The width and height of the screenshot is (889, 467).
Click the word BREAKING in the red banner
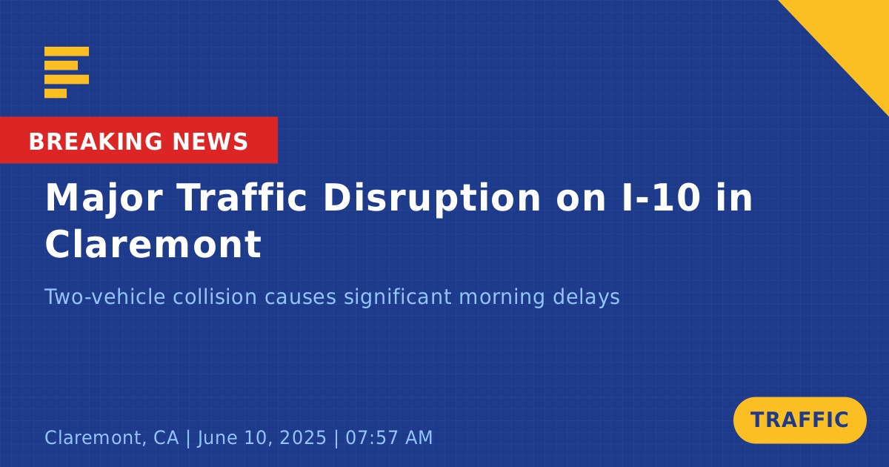coord(96,142)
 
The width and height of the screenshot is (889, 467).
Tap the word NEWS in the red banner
coord(210,142)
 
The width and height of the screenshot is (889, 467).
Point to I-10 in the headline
coord(661,198)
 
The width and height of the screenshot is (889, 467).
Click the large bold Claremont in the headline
coord(153,244)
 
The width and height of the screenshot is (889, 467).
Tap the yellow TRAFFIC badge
coord(799,420)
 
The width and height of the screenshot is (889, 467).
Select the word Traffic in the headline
coord(242,198)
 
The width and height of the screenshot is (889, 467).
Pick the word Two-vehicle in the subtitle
coord(104,297)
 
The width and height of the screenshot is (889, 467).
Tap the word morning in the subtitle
coord(502,297)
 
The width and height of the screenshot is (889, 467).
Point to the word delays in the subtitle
coord(586,297)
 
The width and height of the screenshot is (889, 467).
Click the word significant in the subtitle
coord(398,297)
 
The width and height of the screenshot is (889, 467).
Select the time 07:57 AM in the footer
coord(389,437)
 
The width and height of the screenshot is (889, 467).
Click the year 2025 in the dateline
coord(303,437)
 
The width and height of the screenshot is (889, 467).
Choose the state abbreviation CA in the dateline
coord(166,437)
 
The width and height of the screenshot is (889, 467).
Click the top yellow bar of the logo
coord(67,51)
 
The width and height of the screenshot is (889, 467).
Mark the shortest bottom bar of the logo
coord(56,93)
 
